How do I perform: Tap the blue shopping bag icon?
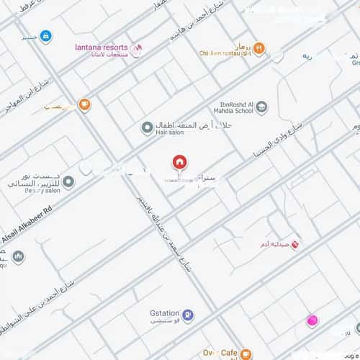point(45,35)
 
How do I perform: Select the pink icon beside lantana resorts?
point(140,47)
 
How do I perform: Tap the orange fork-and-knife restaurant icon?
point(258,48)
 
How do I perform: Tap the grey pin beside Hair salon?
point(146,127)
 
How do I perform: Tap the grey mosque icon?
point(18,257)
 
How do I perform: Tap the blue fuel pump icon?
point(186,315)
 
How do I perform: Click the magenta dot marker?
point(312,321)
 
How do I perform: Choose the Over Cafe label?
point(221,353)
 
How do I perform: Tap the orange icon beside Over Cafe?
point(246,354)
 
